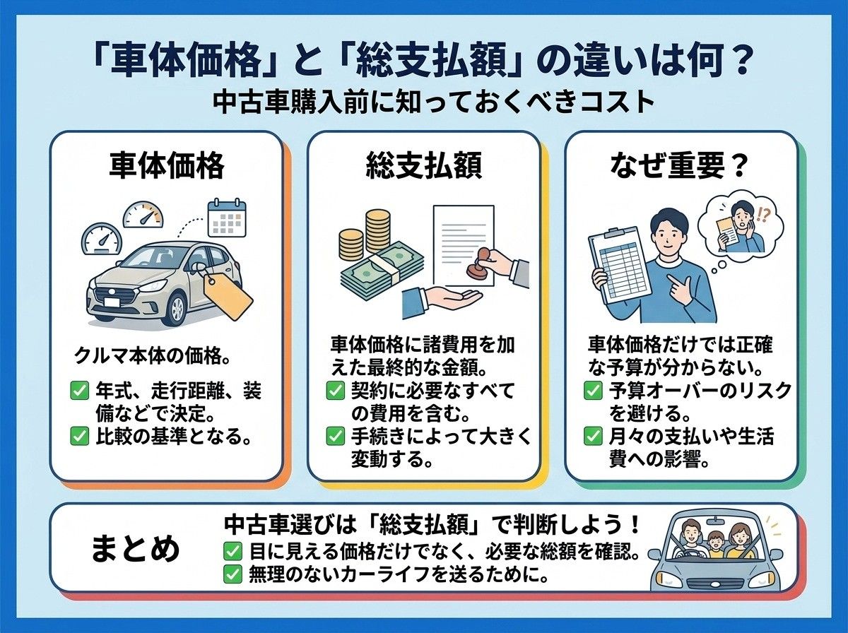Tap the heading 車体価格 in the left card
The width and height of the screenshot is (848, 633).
tap(167, 165)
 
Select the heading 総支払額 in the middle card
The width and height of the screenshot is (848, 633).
tap(424, 165)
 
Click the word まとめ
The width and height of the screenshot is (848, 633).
tap(135, 549)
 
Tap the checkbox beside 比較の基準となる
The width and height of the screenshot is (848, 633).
tap(80, 437)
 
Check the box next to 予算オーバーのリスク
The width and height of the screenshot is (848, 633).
tap(593, 391)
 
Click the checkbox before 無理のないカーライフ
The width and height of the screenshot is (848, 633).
tap(233, 574)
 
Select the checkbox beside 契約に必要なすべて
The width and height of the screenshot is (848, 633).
tap(336, 391)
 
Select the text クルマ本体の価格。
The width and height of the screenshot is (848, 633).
tap(152, 356)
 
